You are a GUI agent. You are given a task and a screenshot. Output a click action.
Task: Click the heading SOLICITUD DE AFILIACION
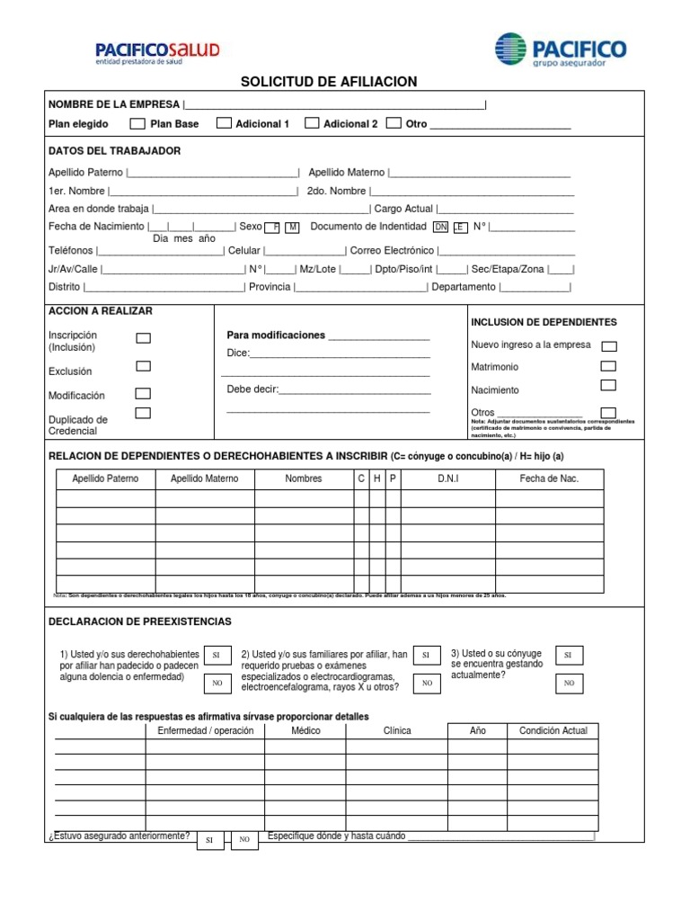click(x=329, y=82)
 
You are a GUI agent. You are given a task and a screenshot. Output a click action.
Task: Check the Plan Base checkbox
click(x=137, y=123)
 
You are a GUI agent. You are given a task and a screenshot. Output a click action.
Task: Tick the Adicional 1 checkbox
click(x=224, y=123)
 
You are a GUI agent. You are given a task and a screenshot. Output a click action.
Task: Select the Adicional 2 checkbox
click(x=312, y=123)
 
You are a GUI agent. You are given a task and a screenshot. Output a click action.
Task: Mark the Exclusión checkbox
click(x=143, y=367)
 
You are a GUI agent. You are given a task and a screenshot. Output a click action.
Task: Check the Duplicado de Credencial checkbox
click(x=143, y=414)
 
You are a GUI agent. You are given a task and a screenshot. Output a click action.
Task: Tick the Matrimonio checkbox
click(x=608, y=366)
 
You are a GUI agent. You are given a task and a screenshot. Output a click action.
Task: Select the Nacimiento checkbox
click(x=608, y=386)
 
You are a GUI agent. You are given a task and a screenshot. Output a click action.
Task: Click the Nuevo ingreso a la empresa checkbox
click(x=608, y=345)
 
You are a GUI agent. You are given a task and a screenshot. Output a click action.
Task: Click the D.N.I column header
click(x=448, y=478)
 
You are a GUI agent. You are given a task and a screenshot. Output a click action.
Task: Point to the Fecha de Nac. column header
click(x=549, y=478)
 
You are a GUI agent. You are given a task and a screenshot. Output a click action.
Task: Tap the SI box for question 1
click(x=217, y=656)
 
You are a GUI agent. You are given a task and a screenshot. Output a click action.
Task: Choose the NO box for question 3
click(x=568, y=684)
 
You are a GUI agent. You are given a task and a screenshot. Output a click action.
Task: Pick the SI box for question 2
click(x=427, y=656)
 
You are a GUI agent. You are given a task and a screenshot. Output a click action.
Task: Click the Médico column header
click(x=305, y=730)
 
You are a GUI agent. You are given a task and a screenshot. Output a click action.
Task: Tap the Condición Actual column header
click(x=553, y=730)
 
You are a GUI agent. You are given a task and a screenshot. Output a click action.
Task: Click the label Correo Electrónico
click(x=392, y=251)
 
